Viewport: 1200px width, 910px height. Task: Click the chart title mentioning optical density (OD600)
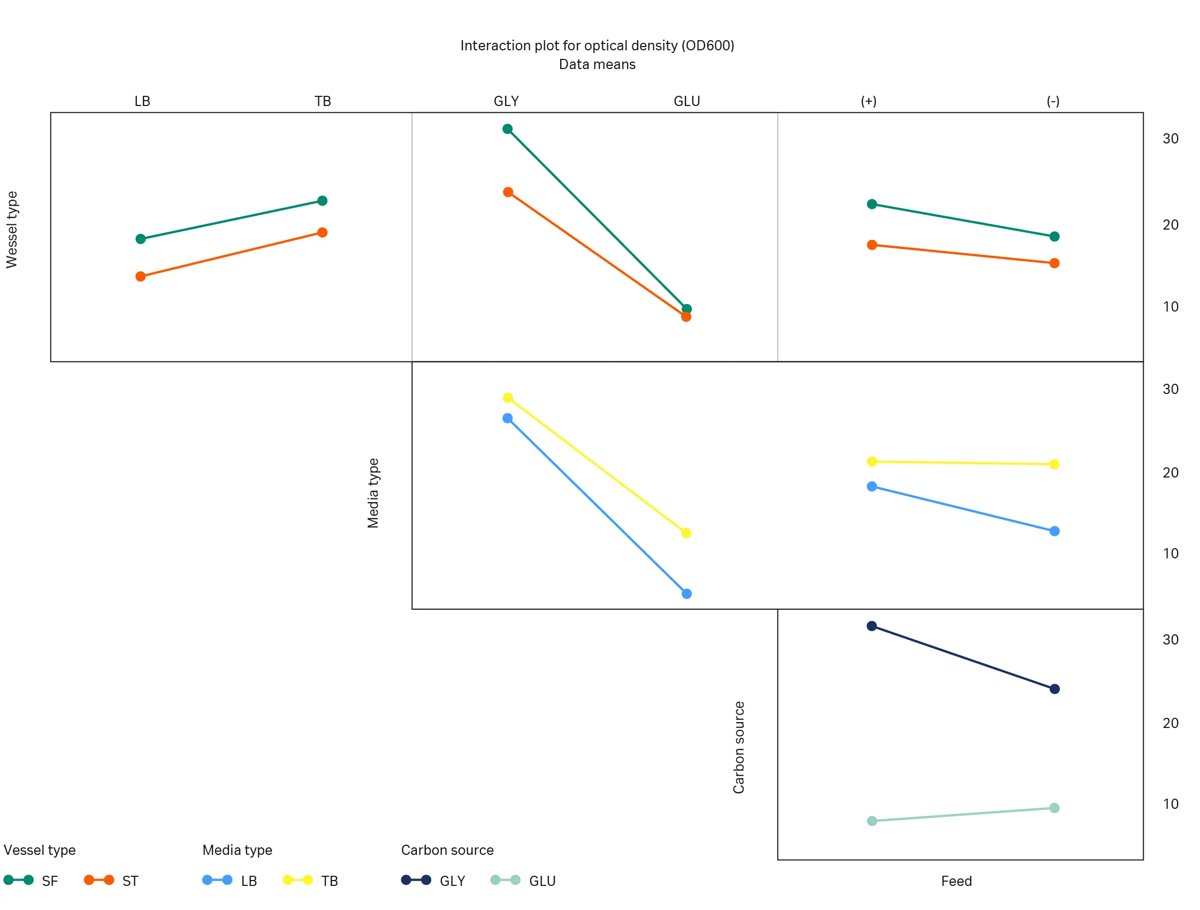click(x=597, y=45)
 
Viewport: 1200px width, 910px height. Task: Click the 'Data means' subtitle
click(x=597, y=65)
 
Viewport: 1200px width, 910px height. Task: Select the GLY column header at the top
click(x=506, y=102)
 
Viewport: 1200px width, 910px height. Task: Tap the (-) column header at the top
click(x=1053, y=102)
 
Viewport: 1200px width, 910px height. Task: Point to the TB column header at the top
click(x=323, y=102)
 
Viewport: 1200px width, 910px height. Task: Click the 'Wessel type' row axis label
click(x=12, y=230)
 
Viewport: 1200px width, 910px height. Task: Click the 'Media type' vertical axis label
click(x=373, y=493)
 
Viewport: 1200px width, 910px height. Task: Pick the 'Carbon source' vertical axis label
click(x=739, y=748)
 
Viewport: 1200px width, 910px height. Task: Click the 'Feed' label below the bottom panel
click(x=957, y=881)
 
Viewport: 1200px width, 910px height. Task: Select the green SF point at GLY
click(x=508, y=129)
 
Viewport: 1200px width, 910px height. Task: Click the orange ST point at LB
click(x=141, y=277)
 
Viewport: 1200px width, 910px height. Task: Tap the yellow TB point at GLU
click(x=686, y=533)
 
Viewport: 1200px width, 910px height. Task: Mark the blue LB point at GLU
click(x=687, y=594)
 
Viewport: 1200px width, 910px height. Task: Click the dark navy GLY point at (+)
click(x=872, y=626)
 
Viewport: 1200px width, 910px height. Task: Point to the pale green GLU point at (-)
click(x=1054, y=808)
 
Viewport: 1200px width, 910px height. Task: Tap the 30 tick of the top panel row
click(x=1170, y=139)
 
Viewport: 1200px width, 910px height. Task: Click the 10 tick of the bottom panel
click(x=1170, y=804)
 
